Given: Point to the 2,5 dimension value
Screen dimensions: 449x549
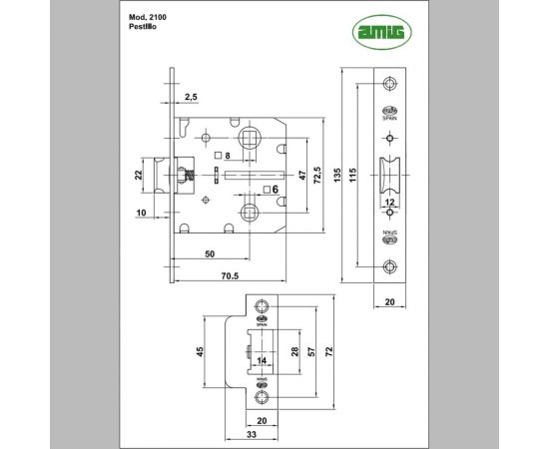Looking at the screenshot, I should (192, 96).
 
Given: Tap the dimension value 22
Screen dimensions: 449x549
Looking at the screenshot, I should (140, 177).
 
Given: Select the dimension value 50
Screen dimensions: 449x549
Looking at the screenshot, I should (210, 254).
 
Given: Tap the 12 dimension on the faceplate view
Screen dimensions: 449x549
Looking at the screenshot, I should (389, 203).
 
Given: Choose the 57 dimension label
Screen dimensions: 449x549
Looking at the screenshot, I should (311, 352).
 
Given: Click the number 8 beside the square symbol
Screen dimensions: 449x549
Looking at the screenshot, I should (228, 156).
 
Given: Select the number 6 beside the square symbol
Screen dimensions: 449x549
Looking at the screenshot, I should (273, 188).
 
